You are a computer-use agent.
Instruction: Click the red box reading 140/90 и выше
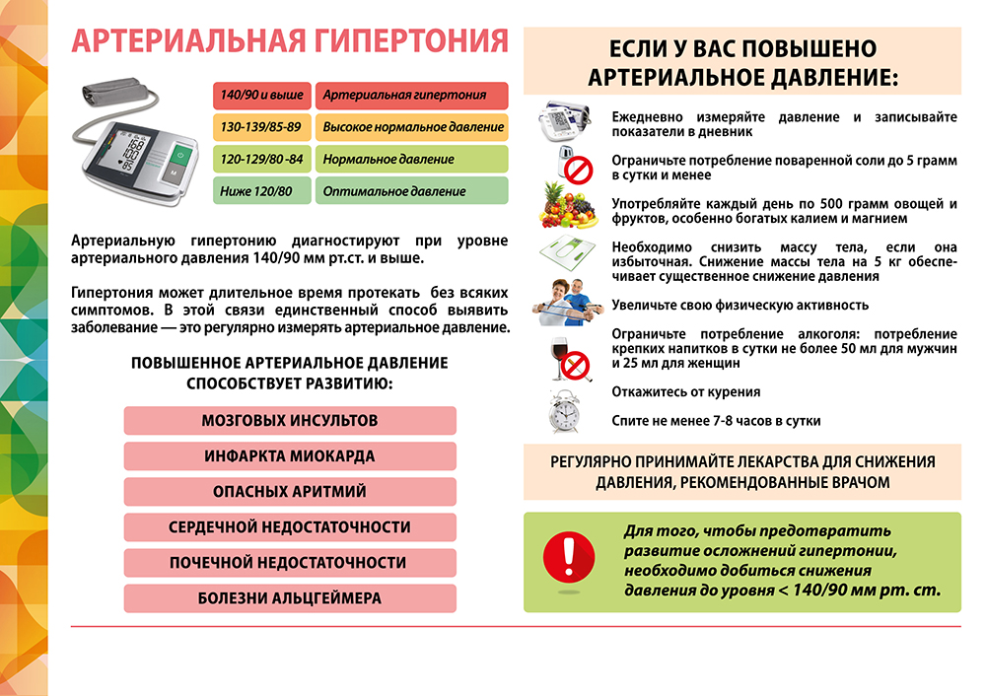(261, 96)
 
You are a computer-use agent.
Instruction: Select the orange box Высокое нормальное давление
(411, 127)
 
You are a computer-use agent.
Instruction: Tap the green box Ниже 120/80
(261, 190)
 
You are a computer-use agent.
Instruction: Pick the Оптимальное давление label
(411, 190)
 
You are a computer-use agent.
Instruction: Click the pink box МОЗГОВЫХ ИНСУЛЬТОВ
(290, 421)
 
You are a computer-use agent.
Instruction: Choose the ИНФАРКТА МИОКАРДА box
(290, 456)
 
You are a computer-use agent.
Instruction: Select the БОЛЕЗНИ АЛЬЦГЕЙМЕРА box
(290, 598)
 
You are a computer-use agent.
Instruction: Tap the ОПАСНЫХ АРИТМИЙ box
(290, 492)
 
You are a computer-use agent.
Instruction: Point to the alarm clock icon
(566, 410)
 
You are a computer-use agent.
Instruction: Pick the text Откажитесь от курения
(686, 392)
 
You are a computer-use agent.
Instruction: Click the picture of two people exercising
(567, 302)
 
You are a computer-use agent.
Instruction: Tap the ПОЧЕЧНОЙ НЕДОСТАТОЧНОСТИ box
(290, 563)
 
